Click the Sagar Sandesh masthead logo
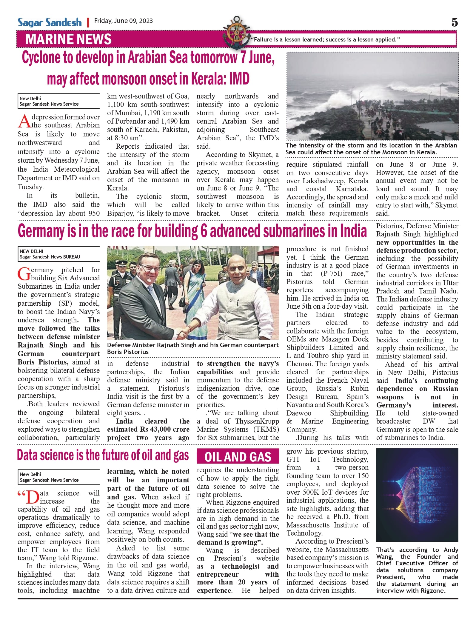tap(50, 22)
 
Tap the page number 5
tap(454, 22)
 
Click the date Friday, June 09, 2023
tap(123, 21)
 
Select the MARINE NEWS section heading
tap(68, 39)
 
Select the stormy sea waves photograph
tap(372, 96)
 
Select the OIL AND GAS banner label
tap(238, 457)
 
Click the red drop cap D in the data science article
tap(32, 497)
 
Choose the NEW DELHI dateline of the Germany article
tap(31, 251)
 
